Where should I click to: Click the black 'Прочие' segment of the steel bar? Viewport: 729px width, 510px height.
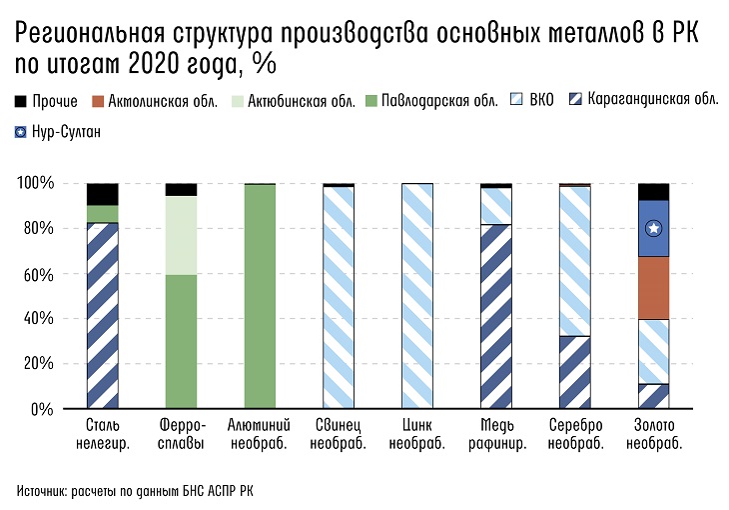(x=103, y=194)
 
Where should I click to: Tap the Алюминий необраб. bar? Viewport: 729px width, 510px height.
(x=260, y=296)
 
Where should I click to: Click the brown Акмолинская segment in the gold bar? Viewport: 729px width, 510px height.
(x=653, y=288)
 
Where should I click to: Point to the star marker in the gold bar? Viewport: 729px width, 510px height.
(x=653, y=228)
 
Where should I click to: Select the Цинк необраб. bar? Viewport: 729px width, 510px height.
(x=417, y=296)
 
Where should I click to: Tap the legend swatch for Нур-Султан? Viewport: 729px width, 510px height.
(x=22, y=131)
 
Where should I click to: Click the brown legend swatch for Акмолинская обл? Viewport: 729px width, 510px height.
(x=98, y=101)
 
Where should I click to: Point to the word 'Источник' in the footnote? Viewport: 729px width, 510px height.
(x=43, y=490)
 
